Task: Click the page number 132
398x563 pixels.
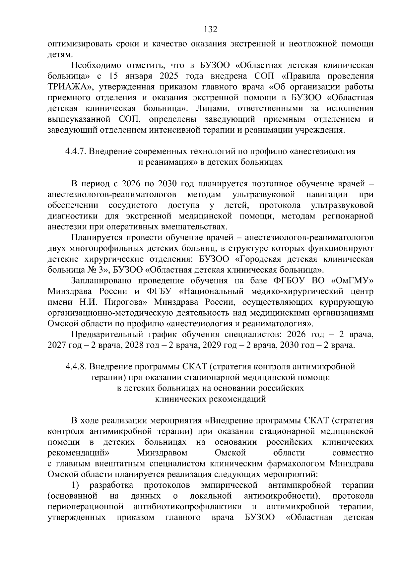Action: click(210, 30)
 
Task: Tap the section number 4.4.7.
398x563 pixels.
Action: click(76, 152)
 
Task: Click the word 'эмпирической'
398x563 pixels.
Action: click(229, 485)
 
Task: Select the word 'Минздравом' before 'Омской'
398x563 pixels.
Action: click(162, 453)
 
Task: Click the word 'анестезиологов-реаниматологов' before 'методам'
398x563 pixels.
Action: click(112, 195)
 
